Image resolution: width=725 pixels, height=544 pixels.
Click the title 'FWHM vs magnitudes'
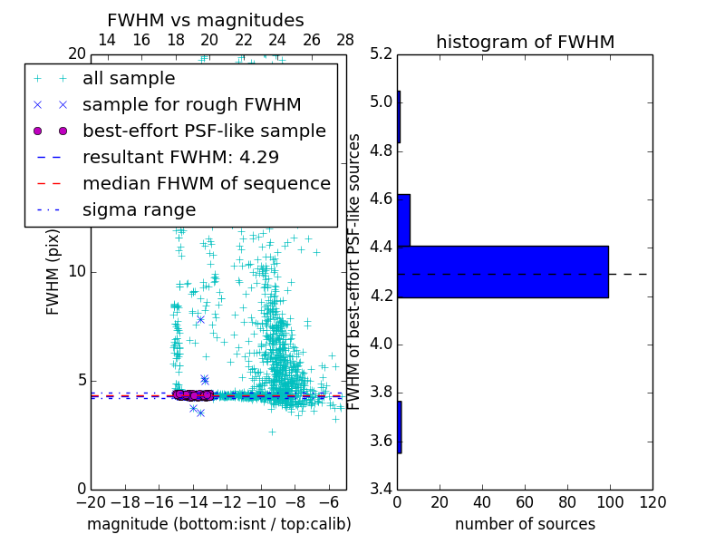[x=206, y=20]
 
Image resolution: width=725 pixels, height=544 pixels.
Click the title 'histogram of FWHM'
[x=525, y=42]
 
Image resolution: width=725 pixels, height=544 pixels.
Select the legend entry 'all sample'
[x=130, y=79]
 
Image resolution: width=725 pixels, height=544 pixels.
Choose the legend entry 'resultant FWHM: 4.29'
[x=180, y=157]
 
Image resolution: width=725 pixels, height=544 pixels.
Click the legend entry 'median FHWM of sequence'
[x=206, y=183]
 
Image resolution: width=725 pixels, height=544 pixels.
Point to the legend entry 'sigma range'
[x=139, y=210]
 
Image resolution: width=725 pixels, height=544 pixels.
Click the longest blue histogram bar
[x=503, y=271]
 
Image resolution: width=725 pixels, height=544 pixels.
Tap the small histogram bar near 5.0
[x=399, y=117]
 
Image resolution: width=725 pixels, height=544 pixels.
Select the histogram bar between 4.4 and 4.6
[x=403, y=219]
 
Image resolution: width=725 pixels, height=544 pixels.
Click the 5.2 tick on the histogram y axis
[x=382, y=53]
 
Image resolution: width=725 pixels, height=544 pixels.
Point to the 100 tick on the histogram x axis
[x=610, y=501]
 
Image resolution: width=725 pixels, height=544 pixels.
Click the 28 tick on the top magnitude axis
[x=345, y=40]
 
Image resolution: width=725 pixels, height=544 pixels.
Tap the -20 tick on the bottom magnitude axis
[x=91, y=501]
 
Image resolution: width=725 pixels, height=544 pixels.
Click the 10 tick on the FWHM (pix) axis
[x=77, y=271]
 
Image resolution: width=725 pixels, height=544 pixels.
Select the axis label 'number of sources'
[x=525, y=524]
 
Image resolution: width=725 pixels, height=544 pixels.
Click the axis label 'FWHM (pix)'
[x=53, y=271]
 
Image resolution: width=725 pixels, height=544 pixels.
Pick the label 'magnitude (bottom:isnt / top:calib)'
[x=218, y=524]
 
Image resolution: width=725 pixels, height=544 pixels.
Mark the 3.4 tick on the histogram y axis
[x=382, y=489]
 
